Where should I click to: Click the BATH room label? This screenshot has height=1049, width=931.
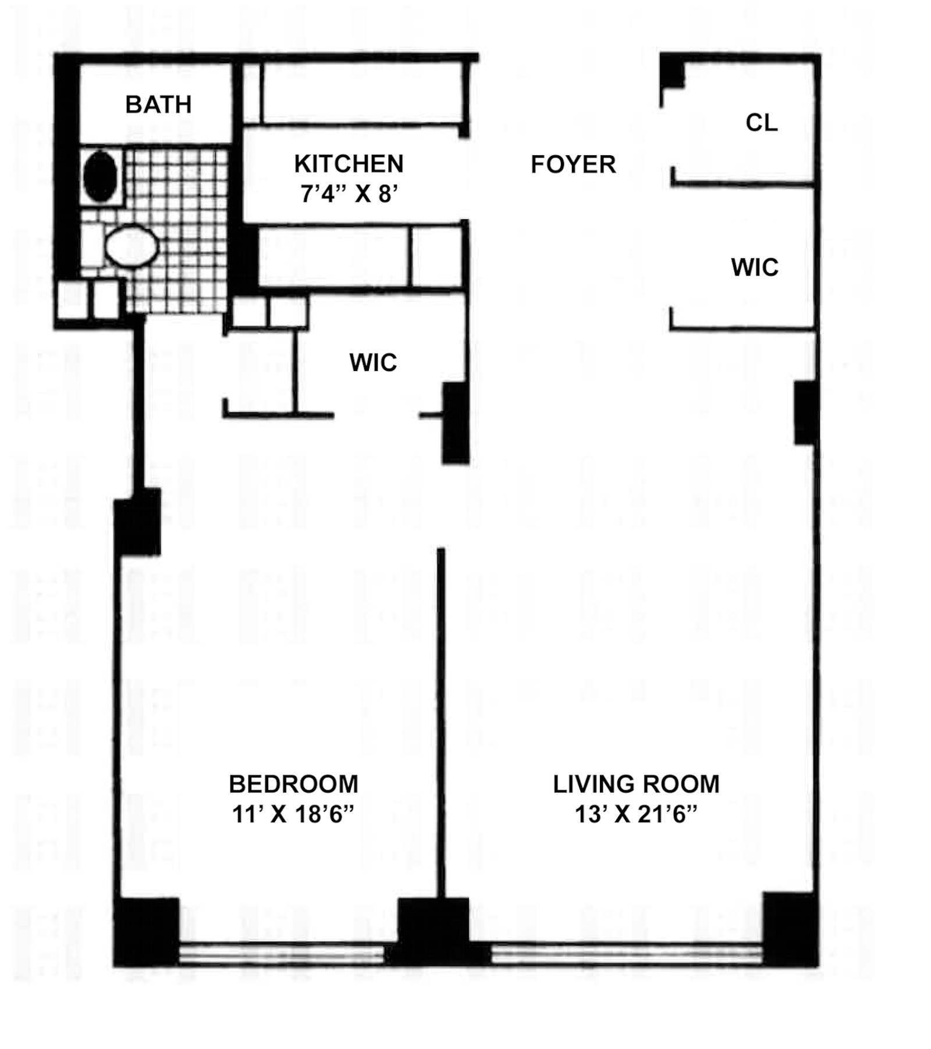(158, 105)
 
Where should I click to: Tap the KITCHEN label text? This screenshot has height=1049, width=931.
(349, 164)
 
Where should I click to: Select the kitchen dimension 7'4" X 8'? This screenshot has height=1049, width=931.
(349, 194)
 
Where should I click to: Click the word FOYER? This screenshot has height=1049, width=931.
(573, 165)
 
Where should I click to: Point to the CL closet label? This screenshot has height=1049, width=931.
(761, 123)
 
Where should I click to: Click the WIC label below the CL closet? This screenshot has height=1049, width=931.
(754, 267)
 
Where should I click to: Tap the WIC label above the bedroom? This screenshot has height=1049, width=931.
(373, 362)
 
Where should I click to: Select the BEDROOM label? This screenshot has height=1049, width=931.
(293, 784)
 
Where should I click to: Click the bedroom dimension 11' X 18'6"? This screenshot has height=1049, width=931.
(293, 814)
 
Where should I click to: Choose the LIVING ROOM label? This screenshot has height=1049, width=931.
(636, 784)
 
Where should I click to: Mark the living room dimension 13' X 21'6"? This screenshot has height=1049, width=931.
(636, 814)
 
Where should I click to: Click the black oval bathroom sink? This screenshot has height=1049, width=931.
(100, 176)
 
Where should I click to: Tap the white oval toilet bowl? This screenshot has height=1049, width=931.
(132, 246)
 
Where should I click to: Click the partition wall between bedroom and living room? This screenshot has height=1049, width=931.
(441, 721)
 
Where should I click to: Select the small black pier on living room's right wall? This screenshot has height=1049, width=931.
(805, 413)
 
